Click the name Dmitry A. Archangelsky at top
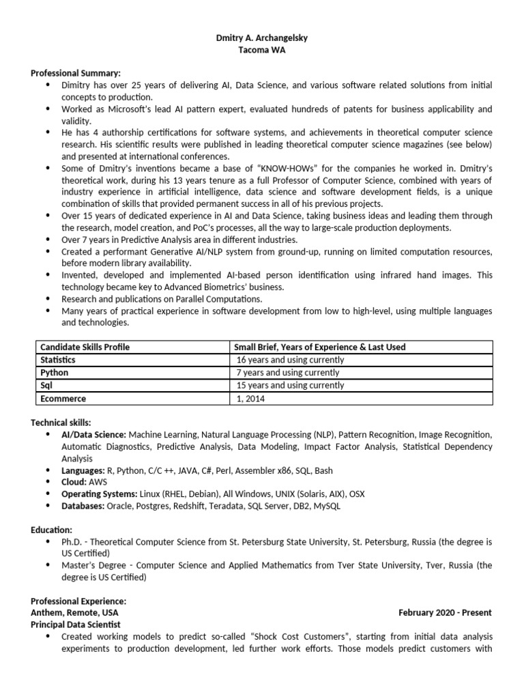pos(261,38)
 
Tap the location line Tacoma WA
pos(261,51)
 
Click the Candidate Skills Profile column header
pos(85,347)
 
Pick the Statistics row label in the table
pos(58,360)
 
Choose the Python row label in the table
pos(55,373)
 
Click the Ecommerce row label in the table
pos(63,399)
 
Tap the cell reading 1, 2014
pos(250,399)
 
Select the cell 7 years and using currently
pos(287,373)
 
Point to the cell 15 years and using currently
pos(290,386)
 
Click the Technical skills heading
pos(61,423)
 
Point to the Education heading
pos(51,530)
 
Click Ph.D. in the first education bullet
pos(73,541)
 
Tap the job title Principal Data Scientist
pos(76,624)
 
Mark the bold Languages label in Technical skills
pos(83,470)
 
